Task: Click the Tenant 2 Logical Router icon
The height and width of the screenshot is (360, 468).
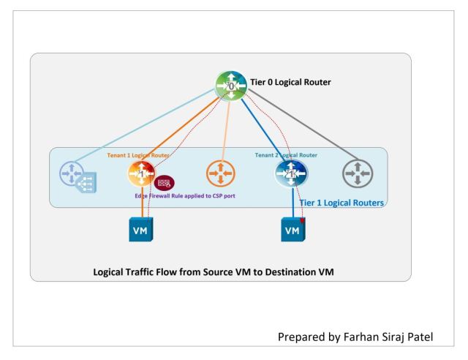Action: [x=290, y=174]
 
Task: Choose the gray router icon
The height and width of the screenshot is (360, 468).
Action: [x=358, y=175]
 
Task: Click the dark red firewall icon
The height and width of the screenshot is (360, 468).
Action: [x=164, y=182]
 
